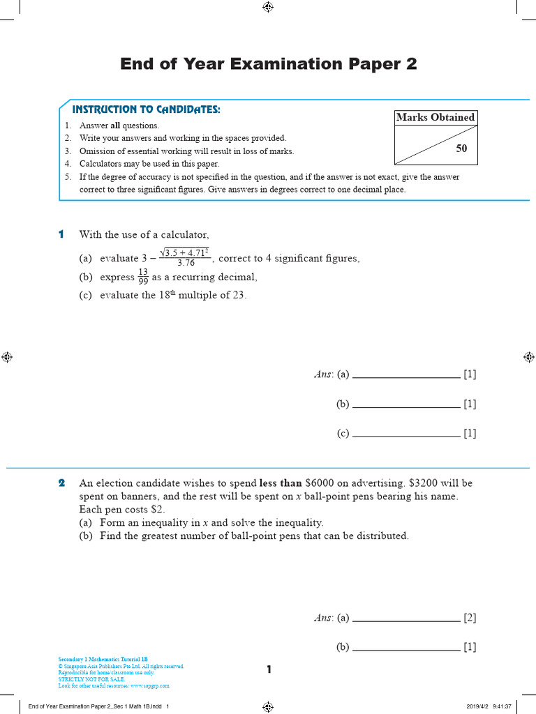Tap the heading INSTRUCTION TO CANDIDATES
click(146, 109)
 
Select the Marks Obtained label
click(435, 117)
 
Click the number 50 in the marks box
click(462, 148)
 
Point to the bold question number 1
click(61, 234)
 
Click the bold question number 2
click(61, 483)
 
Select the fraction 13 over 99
click(143, 277)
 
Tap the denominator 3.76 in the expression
click(186, 264)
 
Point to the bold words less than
click(281, 483)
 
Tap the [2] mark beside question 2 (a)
click(470, 618)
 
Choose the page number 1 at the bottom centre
click(269, 670)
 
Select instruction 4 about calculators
click(149, 164)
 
